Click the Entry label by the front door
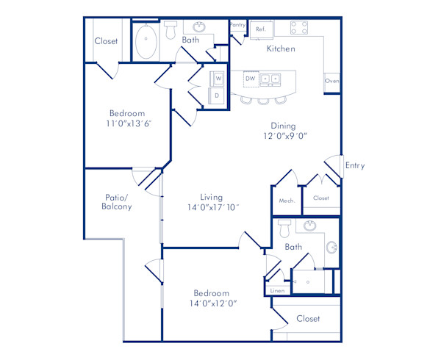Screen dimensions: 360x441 coord(355,166)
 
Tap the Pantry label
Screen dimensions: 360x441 coord(237,24)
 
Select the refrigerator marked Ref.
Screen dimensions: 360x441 coord(260,29)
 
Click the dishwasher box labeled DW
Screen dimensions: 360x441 coord(250,77)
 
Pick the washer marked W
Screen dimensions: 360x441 coord(218,78)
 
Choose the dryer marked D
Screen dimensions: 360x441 coord(217,95)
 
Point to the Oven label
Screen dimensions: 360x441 coord(331,81)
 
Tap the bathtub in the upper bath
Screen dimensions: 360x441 coord(146,42)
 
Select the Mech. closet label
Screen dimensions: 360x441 coord(287,201)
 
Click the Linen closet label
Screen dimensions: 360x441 coord(277,291)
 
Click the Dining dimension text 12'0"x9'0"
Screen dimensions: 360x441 coord(283,136)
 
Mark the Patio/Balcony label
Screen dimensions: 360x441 coord(117,202)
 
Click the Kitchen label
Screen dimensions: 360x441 coord(280,49)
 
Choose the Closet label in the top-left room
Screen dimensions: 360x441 coord(106,41)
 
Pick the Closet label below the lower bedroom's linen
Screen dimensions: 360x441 coord(307,319)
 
